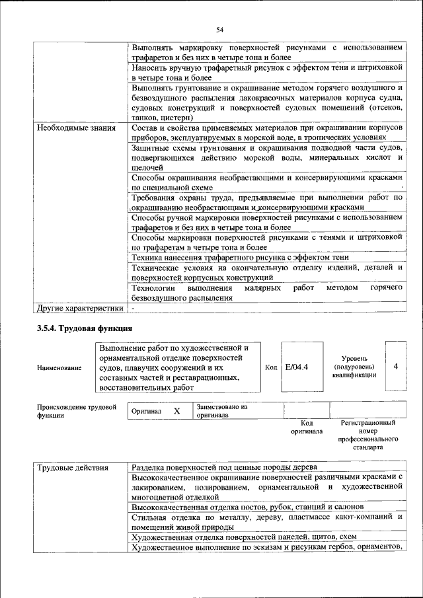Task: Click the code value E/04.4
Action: tap(299, 367)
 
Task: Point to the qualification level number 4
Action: tap(395, 367)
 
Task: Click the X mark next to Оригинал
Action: tap(176, 411)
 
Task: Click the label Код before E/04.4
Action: tap(271, 367)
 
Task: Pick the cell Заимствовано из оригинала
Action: tap(221, 411)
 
